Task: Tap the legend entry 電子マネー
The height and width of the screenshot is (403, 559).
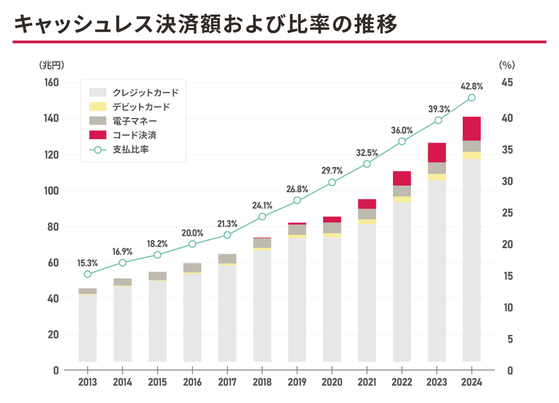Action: pos(134,121)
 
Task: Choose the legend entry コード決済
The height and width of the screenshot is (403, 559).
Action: pos(134,135)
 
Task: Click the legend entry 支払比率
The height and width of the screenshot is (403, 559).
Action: pos(130,149)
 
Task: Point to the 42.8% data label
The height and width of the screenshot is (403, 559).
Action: pos(471,86)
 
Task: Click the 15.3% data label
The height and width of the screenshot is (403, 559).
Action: pos(88,262)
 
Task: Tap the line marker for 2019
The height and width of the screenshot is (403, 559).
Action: pos(297,200)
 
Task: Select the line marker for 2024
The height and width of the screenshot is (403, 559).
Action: pos(472,98)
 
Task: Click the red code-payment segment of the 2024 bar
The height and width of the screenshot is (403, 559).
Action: pos(472,129)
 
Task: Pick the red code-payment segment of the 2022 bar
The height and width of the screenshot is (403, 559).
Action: pos(402,178)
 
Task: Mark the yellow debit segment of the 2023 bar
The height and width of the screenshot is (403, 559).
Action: pos(437,177)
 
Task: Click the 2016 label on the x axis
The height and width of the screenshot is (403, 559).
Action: pos(192,383)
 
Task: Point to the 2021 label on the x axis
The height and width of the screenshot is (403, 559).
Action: pos(367,383)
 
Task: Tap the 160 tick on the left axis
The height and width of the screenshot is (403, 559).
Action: pos(51,83)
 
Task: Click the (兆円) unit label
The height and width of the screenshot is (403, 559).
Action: pos(51,65)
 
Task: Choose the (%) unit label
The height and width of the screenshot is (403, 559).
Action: pos(506,65)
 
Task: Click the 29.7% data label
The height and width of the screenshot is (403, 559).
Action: pos(332,170)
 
